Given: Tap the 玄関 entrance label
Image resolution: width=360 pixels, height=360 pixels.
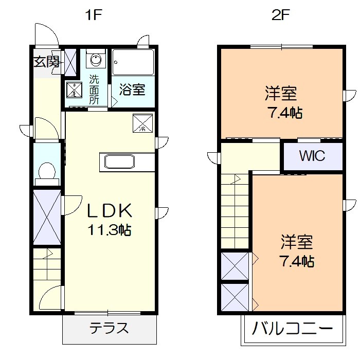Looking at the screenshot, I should click(x=46, y=62).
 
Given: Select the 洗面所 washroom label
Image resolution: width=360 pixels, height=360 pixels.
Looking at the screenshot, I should click(x=94, y=89).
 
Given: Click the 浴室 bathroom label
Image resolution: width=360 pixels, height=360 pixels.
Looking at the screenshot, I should click(x=132, y=89).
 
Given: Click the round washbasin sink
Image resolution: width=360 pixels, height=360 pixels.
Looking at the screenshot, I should click(x=96, y=60).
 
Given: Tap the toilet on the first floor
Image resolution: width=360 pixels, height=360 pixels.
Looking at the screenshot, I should click(x=47, y=171).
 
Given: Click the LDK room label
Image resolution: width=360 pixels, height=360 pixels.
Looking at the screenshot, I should click(x=110, y=211).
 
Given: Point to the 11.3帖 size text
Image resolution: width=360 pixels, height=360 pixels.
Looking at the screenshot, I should click(x=109, y=229).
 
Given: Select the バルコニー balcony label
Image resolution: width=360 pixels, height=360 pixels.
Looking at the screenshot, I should click(x=292, y=328).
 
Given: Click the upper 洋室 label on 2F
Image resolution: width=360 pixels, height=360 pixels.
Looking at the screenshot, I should click(x=281, y=94).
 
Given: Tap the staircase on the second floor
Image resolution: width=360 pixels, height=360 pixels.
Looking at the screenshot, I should click(x=235, y=211).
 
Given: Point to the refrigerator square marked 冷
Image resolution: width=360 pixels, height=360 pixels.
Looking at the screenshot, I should click(x=143, y=123).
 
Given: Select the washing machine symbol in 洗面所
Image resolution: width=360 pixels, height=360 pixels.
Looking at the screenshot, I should click(x=75, y=90).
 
